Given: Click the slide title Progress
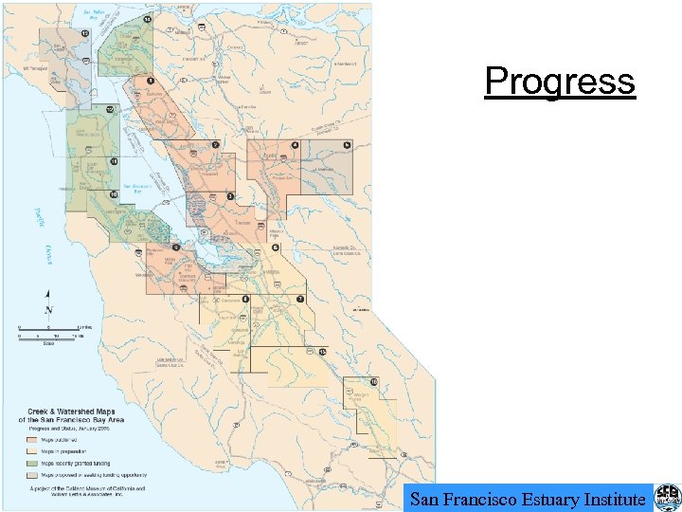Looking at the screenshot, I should tap(559, 82).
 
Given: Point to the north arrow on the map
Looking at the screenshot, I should tap(48, 304).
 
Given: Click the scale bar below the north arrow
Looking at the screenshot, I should tap(49, 334).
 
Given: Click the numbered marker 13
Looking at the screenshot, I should tap(84, 34).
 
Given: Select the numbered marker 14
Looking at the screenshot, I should tap(148, 19).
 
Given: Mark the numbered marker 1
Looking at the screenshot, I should tap(150, 81).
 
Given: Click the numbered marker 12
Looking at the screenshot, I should tap(111, 110).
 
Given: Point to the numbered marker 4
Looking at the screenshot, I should tap(295, 145).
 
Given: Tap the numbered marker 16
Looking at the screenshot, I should tap(374, 382).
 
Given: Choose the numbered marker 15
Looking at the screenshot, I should tap(322, 352).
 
